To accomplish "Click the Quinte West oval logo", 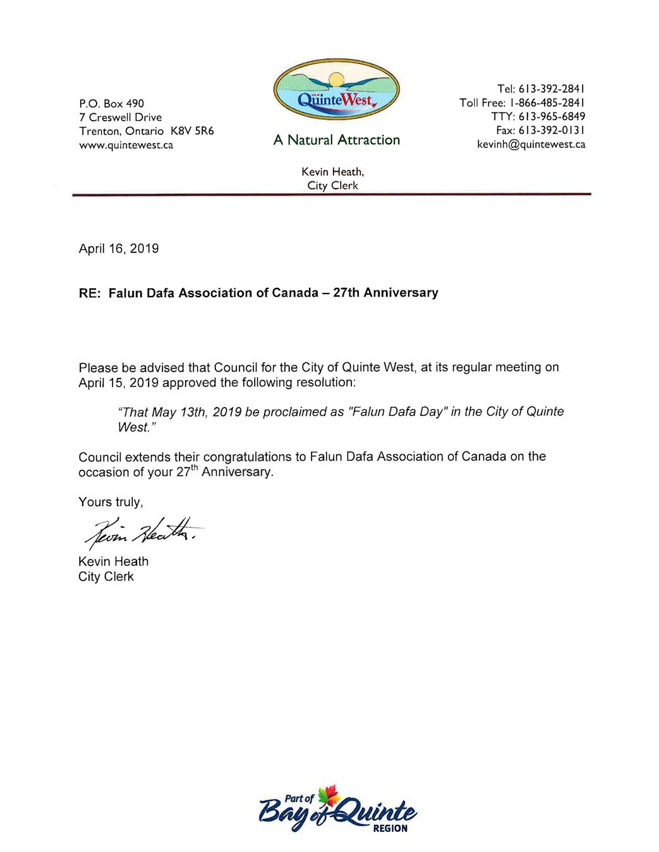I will click(336, 90).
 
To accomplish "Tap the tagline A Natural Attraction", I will click(336, 140).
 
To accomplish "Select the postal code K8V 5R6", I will click(192, 131).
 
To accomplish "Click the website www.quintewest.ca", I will click(126, 145).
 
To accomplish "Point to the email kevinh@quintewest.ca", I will click(531, 145).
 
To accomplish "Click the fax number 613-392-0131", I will click(552, 131).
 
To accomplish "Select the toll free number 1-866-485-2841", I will click(547, 103).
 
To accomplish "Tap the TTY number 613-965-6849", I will click(552, 117).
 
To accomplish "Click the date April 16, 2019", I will click(119, 249).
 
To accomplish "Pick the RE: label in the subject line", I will click(90, 293).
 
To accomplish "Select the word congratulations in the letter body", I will click(247, 457).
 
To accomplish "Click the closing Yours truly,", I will click(111, 502).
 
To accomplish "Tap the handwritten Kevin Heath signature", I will click(142, 533).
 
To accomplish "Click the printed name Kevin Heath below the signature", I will click(113, 562).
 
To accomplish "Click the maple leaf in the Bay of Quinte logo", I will click(329, 795).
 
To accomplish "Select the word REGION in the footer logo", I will click(390, 829).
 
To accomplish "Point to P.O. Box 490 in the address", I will click(111, 104).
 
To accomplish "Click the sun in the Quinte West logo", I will click(336, 80).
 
